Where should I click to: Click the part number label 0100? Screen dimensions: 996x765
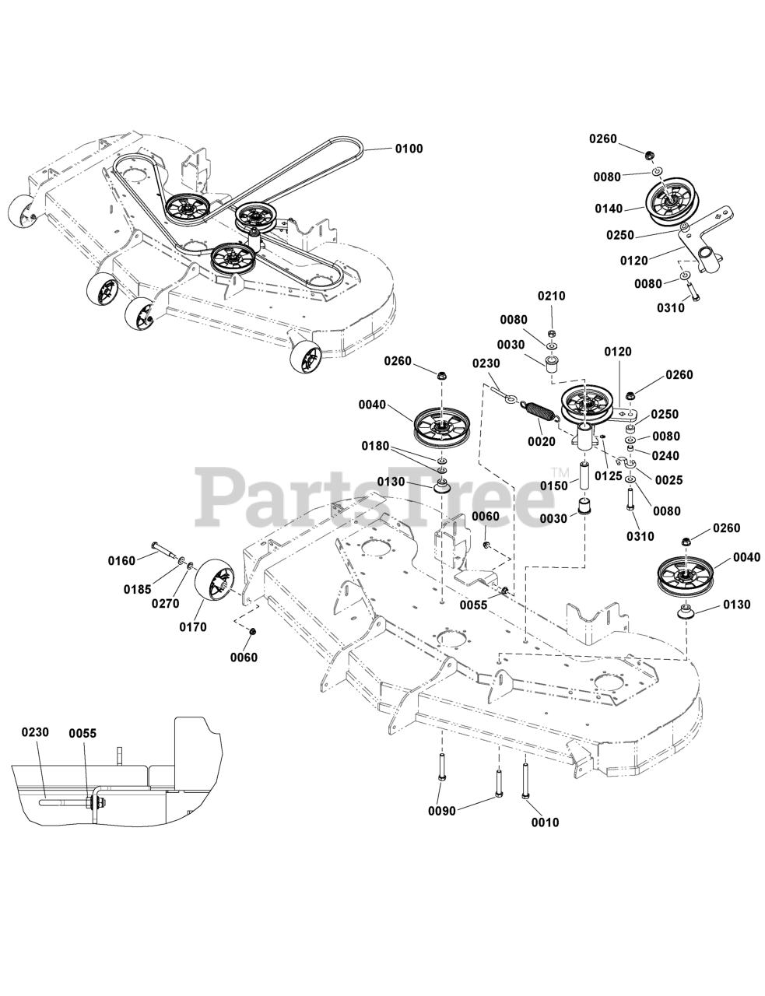click(x=409, y=149)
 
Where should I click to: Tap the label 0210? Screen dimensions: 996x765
click(x=551, y=296)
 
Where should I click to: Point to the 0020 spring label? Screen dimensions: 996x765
click(x=541, y=442)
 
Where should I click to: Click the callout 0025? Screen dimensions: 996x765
click(x=668, y=480)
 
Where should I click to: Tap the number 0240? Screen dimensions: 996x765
click(x=665, y=456)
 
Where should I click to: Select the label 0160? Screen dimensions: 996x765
click(x=121, y=560)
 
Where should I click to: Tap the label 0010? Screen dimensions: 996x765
click(x=544, y=822)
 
